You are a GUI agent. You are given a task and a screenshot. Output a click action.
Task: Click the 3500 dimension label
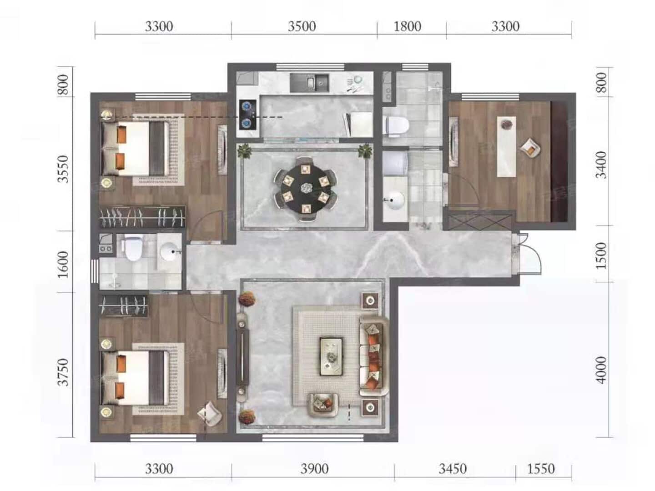point(302,26)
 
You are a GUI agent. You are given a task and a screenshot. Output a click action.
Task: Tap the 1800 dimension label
point(407,26)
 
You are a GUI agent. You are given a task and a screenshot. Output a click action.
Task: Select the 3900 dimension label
point(314,469)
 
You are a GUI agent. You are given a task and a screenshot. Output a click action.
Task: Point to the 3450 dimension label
point(453,469)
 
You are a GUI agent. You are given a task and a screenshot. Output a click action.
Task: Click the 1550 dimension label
point(541,469)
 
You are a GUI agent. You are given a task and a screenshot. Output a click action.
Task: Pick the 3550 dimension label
point(63,169)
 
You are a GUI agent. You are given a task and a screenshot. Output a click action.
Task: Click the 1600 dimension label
point(63,265)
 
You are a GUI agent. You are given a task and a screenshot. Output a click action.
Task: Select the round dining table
point(305,189)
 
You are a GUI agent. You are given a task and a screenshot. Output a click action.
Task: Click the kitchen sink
point(309,83)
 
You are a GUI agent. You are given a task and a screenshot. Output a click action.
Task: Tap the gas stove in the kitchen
point(248,115)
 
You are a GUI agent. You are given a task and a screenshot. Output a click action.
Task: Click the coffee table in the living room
point(331,356)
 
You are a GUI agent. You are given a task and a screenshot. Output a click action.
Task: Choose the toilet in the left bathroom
point(133,247)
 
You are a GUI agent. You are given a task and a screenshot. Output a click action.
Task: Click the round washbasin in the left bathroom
point(170,251)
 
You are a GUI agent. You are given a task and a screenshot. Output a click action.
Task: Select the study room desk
point(506,146)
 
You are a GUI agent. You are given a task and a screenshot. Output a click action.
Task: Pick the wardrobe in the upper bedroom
point(142,217)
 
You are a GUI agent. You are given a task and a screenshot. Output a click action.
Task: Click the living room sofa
point(373,356)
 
